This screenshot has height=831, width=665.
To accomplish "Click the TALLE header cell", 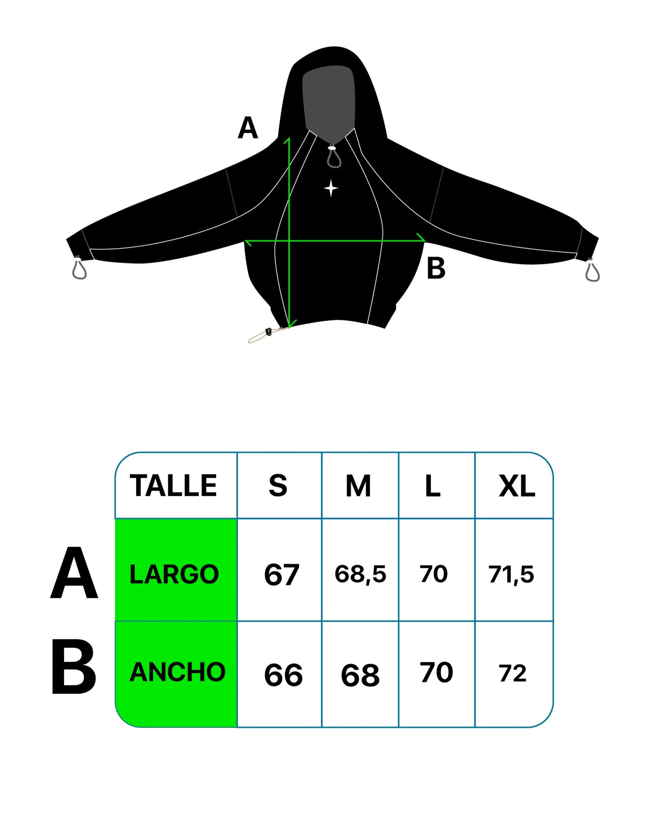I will [173, 486].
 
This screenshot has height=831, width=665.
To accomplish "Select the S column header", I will [278, 486].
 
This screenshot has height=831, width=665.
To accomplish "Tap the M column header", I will [358, 486].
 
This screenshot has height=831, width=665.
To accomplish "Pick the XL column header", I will [516, 486].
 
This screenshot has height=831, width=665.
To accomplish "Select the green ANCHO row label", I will [177, 672].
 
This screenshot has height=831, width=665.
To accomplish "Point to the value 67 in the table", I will [281, 575].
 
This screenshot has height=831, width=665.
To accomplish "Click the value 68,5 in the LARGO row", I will [360, 574].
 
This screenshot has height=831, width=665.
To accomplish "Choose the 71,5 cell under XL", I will [511, 574].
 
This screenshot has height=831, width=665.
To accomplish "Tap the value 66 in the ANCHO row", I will [283, 675].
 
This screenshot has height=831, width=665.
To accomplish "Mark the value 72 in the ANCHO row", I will [512, 674].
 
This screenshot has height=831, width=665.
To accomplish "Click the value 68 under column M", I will [360, 675].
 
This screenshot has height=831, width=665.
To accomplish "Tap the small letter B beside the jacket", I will [436, 269].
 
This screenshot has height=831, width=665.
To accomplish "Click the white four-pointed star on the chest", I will [331, 188].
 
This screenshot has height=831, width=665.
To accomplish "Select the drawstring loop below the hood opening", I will [334, 157].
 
